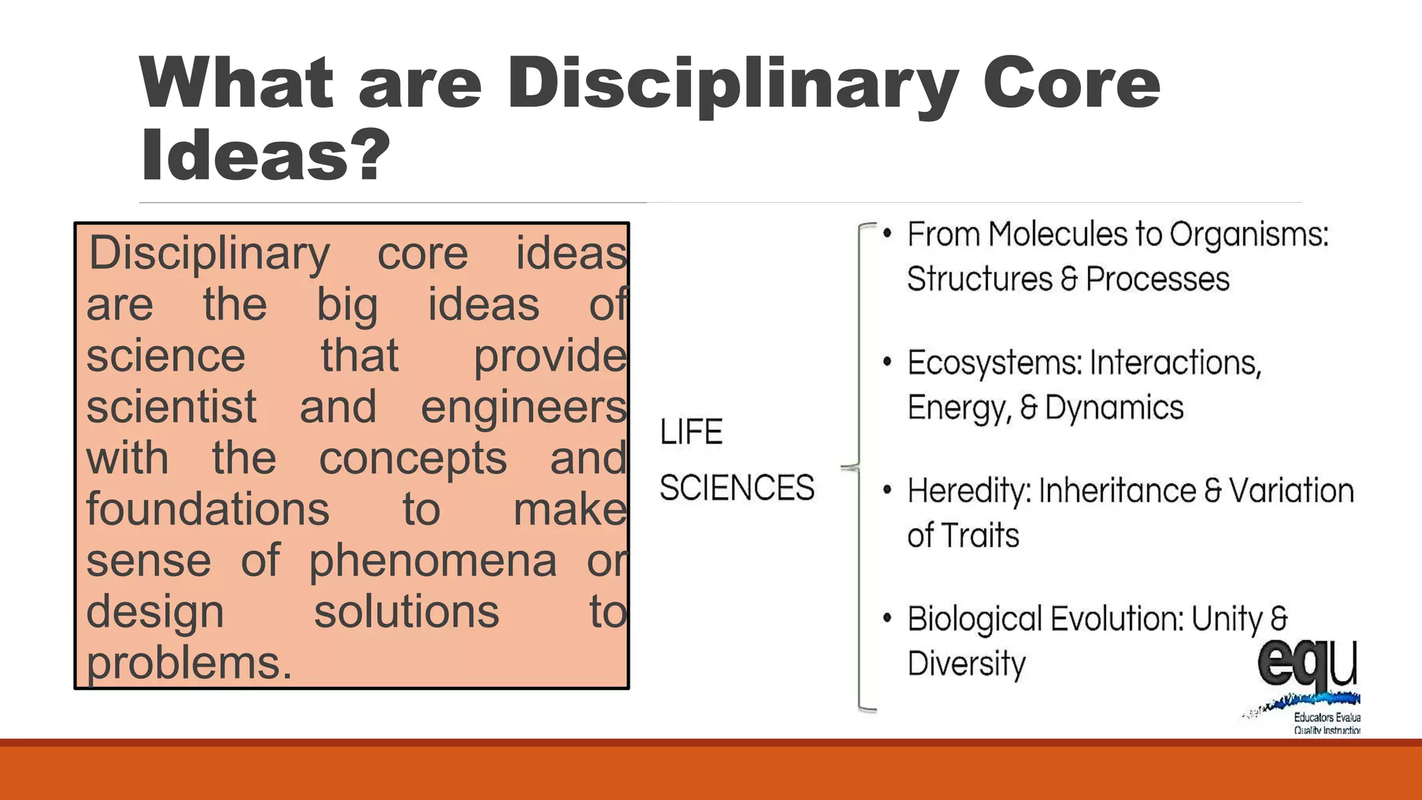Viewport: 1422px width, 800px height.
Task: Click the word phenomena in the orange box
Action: (433, 561)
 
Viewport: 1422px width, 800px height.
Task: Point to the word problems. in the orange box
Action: (189, 663)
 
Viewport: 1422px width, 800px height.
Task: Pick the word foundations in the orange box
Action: (208, 509)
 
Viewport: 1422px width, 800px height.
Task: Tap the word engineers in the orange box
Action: (524, 407)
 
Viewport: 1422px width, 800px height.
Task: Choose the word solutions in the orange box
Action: (406, 612)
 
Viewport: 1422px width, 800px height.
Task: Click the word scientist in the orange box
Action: (171, 407)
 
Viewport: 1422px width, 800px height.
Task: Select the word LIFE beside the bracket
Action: (691, 432)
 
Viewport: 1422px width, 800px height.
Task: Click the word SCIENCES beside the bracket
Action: (737, 487)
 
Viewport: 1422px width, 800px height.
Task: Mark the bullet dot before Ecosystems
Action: (887, 362)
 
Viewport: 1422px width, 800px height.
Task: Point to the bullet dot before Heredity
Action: (887, 490)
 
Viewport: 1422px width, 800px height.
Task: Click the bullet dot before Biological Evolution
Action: (887, 618)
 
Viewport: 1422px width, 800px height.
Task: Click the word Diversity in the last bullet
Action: (966, 664)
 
